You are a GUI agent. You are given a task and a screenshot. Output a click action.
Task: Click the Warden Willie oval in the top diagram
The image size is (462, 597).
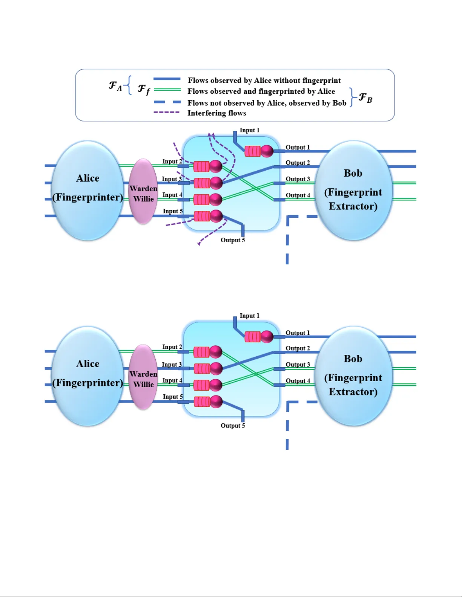pyautogui.click(x=143, y=192)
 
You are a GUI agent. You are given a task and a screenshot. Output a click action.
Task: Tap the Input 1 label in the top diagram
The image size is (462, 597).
pyautogui.click(x=249, y=130)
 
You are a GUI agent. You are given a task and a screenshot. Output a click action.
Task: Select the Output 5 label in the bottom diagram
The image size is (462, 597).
pyautogui.click(x=233, y=426)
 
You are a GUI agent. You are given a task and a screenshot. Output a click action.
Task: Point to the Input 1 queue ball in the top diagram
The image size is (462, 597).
pyautogui.click(x=267, y=151)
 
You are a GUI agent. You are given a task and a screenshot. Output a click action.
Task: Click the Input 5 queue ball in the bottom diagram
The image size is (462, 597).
pyautogui.click(x=216, y=402)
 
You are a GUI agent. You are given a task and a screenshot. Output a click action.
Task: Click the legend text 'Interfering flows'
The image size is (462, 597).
pyautogui.click(x=216, y=113)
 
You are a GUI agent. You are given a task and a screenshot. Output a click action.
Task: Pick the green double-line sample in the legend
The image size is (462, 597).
pyautogui.click(x=167, y=90)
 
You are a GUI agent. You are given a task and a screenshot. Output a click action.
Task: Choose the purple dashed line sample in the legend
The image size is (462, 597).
pyautogui.click(x=166, y=112)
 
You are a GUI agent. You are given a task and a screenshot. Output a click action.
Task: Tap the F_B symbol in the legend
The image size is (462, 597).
pyautogui.click(x=365, y=98)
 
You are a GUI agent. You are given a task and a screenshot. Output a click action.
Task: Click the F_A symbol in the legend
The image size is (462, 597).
pyautogui.click(x=115, y=86)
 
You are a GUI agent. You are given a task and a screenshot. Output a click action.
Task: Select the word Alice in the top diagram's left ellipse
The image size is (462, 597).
pyautogui.click(x=87, y=178)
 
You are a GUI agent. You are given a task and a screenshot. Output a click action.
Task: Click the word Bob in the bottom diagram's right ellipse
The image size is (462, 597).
pyautogui.click(x=353, y=359)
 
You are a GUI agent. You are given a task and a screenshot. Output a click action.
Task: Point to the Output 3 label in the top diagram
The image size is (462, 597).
pyautogui.click(x=298, y=179)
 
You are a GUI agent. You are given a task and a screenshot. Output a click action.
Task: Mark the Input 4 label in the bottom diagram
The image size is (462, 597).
pyautogui.click(x=172, y=380)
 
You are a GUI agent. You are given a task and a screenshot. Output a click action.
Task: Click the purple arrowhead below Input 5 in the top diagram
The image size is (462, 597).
pyautogui.click(x=199, y=244)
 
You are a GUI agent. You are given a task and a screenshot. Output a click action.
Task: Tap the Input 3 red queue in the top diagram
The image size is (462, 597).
pyautogui.click(x=201, y=183)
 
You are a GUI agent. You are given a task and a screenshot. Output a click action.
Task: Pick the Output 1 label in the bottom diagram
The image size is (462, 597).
pyautogui.click(x=297, y=333)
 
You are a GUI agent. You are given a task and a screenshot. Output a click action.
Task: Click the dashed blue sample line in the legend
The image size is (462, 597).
pyautogui.click(x=167, y=102)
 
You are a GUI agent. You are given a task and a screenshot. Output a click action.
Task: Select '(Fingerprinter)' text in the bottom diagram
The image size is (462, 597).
pyautogui.click(x=87, y=383)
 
